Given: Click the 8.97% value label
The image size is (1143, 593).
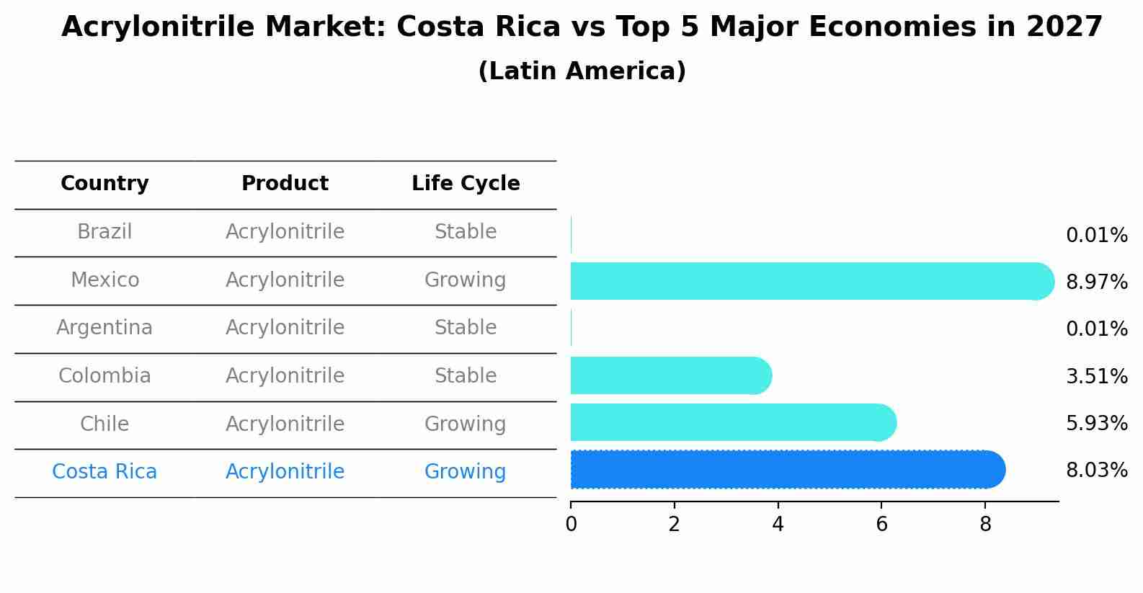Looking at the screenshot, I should tap(1096, 282).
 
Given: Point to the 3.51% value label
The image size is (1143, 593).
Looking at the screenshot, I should tap(1096, 376).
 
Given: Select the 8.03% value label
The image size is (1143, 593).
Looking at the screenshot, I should tap(1096, 471).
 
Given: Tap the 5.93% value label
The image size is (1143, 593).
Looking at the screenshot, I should tap(1096, 423).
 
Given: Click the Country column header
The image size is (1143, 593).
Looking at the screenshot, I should tap(104, 184).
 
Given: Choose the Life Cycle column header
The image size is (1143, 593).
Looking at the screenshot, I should tap(466, 184).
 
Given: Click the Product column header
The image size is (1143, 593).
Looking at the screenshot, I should tap(285, 184).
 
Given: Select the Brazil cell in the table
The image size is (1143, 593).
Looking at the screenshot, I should tap(104, 232).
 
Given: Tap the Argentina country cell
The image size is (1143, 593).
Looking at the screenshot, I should tap(104, 328).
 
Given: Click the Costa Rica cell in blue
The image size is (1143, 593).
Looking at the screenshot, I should tap(104, 472).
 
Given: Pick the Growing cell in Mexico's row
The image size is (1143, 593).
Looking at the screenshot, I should tap(465, 280).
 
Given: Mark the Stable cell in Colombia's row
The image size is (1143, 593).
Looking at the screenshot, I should tap(465, 376).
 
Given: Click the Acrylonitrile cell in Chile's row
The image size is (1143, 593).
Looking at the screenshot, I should tap(285, 424).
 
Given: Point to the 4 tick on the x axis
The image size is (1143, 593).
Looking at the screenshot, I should tap(778, 525).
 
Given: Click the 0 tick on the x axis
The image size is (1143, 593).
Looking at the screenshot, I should tap(571, 525).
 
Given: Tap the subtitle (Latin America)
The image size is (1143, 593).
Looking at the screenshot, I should tap(582, 71).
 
